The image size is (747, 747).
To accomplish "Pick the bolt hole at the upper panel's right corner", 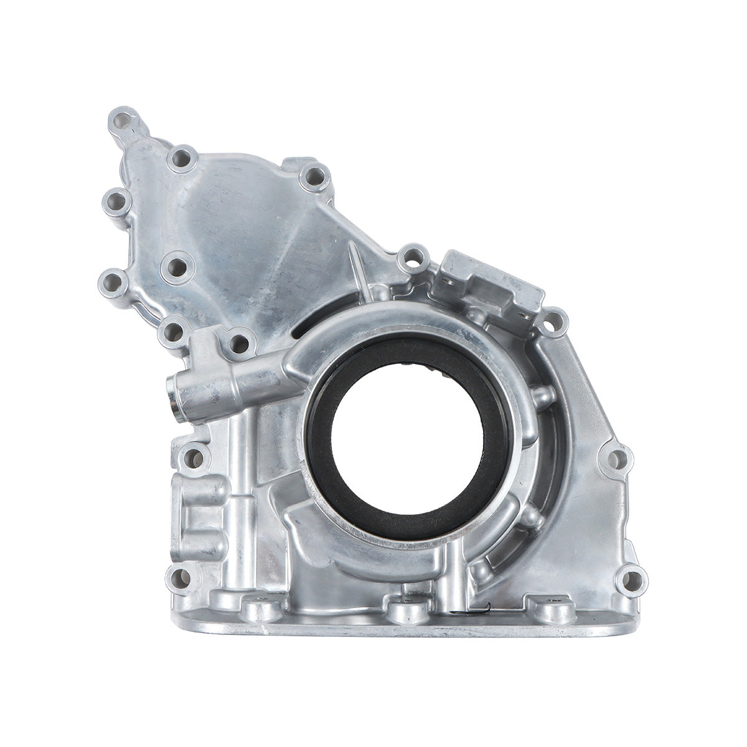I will point(315,176).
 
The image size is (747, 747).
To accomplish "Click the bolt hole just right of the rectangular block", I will point(553,321).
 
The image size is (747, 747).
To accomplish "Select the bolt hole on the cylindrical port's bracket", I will point(237,341).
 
